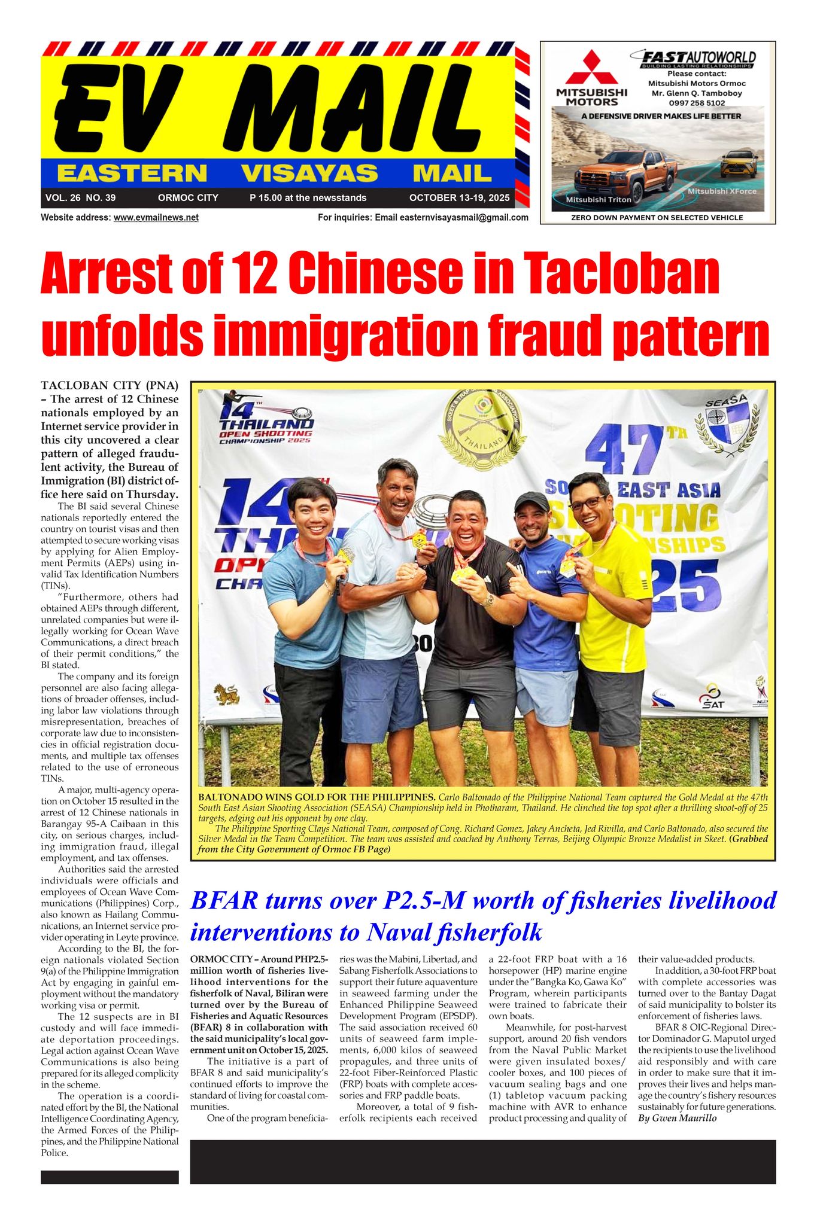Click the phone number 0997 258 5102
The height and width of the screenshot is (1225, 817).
697,103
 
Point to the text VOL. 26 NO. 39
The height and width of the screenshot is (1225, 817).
80,198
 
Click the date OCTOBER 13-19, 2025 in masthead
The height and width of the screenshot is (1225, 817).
459,198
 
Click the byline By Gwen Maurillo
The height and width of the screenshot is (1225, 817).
677,1118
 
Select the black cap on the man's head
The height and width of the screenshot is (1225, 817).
531,500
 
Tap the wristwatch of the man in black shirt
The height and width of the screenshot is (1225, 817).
488,599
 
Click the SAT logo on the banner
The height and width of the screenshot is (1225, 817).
713,697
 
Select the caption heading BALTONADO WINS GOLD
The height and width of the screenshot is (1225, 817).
316,797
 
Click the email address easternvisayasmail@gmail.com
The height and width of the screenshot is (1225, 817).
463,218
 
